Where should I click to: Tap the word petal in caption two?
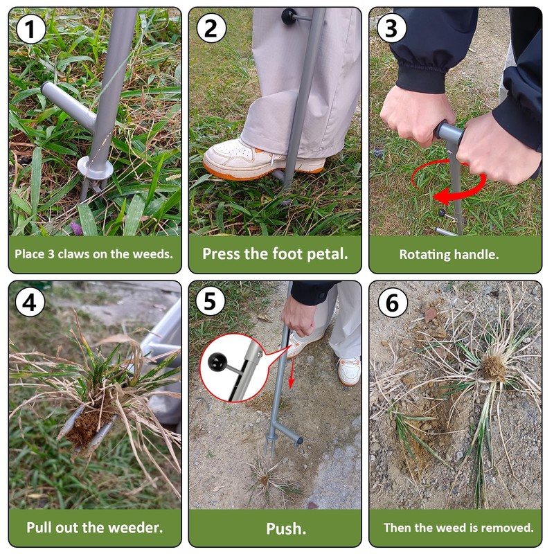pyautogui.click(x=323, y=254)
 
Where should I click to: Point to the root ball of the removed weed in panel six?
pyautogui.click(x=494, y=368)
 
